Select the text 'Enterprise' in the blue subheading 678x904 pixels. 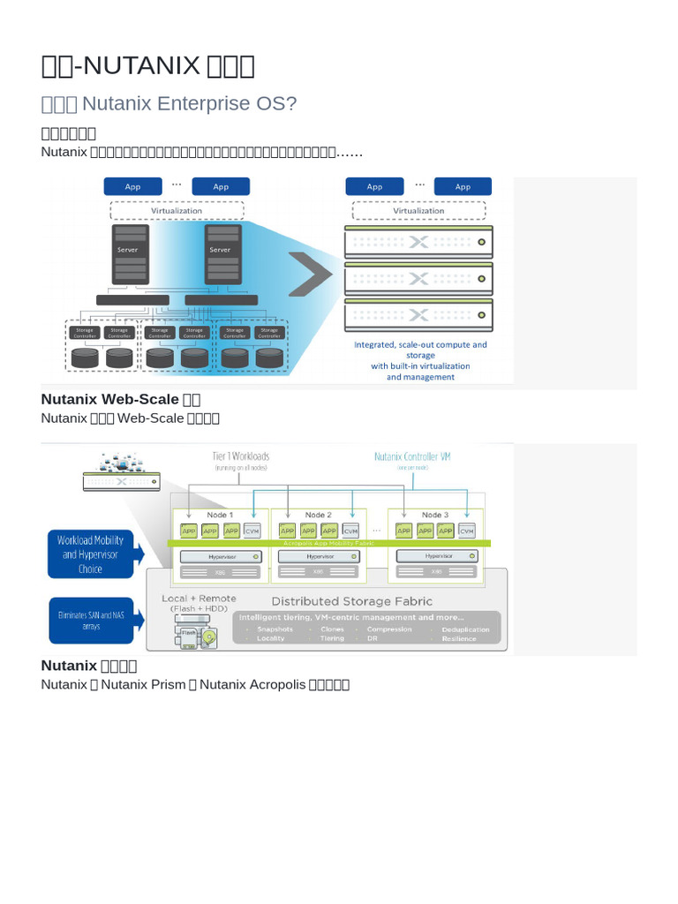202,103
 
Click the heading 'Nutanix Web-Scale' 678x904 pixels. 109,399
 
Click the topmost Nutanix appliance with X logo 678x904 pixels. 418,241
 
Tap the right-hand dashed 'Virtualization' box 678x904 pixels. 418,211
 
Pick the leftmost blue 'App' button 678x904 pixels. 132,186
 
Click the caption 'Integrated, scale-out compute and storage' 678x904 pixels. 420,350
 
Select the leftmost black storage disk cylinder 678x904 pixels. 86,358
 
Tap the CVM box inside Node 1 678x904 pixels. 252,531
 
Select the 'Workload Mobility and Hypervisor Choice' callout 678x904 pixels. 90,554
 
